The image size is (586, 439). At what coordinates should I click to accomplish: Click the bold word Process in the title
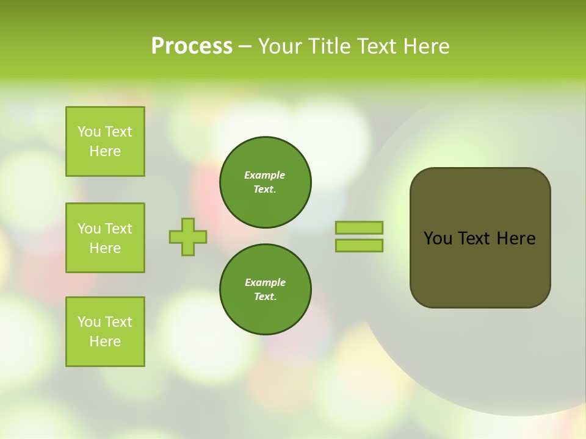coord(192,46)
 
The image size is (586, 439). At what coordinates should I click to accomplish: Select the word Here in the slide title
coord(426,46)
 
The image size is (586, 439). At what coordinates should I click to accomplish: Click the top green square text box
coord(105,141)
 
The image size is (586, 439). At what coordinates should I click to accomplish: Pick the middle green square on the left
coord(105,238)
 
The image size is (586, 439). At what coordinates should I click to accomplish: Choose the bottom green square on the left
coord(105,332)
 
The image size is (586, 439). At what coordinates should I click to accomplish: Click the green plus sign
coord(188,237)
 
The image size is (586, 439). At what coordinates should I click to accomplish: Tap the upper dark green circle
coord(265,182)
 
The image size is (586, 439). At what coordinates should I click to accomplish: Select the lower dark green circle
coord(265,290)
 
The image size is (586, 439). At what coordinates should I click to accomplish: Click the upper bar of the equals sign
coord(359,227)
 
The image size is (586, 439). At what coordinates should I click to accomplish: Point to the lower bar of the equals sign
coord(359,245)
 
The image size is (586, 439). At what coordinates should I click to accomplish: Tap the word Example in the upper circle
coord(265,175)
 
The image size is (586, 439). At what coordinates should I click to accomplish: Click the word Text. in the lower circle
coord(265,297)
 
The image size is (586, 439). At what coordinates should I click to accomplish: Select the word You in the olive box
coord(438,238)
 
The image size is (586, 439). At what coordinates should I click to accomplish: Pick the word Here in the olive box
coord(516,238)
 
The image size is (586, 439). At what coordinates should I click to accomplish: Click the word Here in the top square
coord(105,151)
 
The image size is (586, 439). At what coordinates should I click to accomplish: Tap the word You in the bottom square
coord(89,322)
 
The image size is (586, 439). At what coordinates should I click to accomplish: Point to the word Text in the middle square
coord(118,229)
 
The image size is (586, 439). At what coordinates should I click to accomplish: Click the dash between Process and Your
coord(245,47)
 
